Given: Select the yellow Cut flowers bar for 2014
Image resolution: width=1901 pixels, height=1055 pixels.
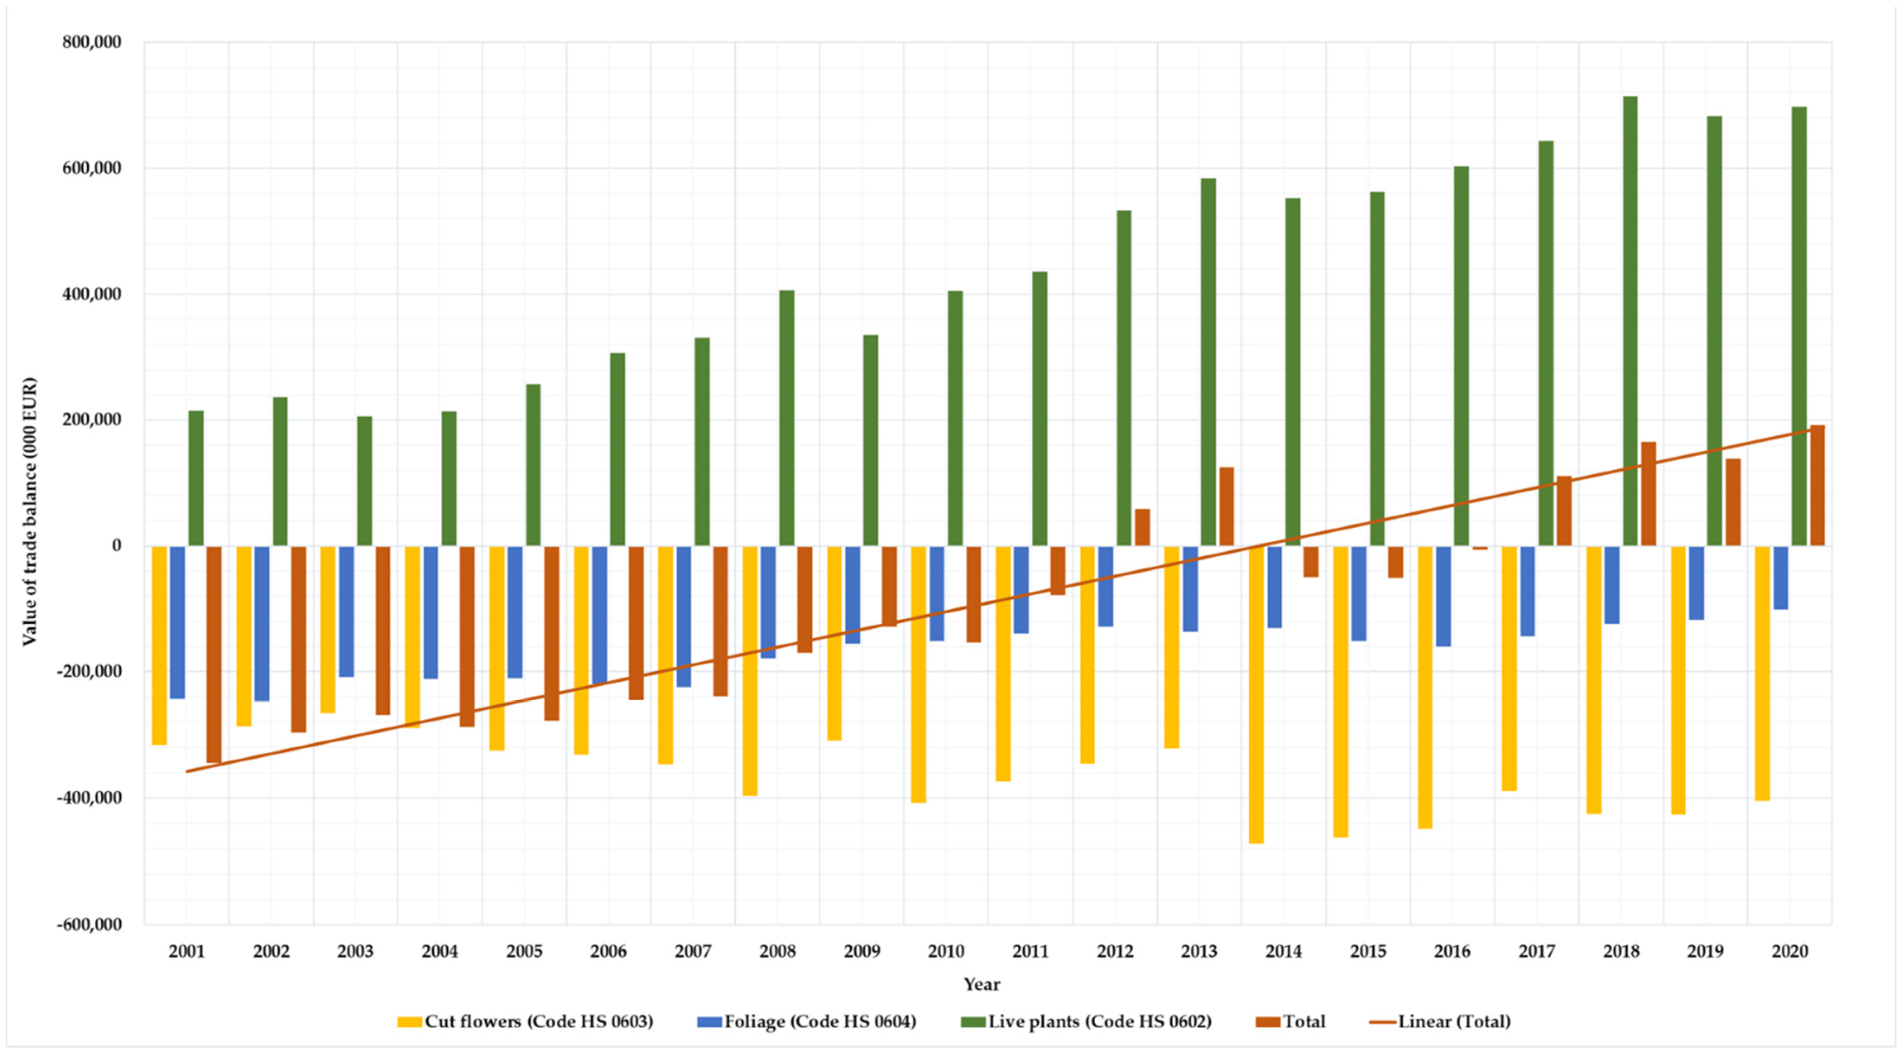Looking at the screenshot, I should (x=1256, y=693).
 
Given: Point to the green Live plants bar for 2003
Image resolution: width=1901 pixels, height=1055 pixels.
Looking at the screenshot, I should (x=365, y=481).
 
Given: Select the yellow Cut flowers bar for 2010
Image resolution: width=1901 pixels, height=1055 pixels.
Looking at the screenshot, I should (x=918, y=673).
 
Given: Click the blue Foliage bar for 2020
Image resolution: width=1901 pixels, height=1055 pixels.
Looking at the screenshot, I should (x=1781, y=577).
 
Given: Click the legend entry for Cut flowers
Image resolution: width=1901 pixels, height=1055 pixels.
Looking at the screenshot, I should (x=526, y=1021).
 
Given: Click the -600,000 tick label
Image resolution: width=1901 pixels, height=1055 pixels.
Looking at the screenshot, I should (x=89, y=924).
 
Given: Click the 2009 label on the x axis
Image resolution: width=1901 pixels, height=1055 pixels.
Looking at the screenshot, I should (x=861, y=951).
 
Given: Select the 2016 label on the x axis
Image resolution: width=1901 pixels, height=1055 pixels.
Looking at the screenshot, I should (x=1452, y=951).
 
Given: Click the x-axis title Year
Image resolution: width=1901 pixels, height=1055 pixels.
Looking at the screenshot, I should (x=981, y=984).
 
